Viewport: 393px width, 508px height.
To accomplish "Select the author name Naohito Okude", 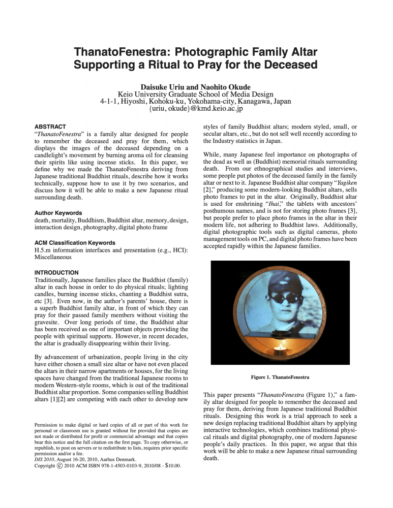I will tap(227, 85).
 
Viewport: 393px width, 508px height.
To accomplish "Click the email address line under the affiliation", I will tap(196, 108).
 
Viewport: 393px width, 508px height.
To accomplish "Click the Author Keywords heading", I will tap(58, 213).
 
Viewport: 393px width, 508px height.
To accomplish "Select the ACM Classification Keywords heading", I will tap(74, 243).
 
